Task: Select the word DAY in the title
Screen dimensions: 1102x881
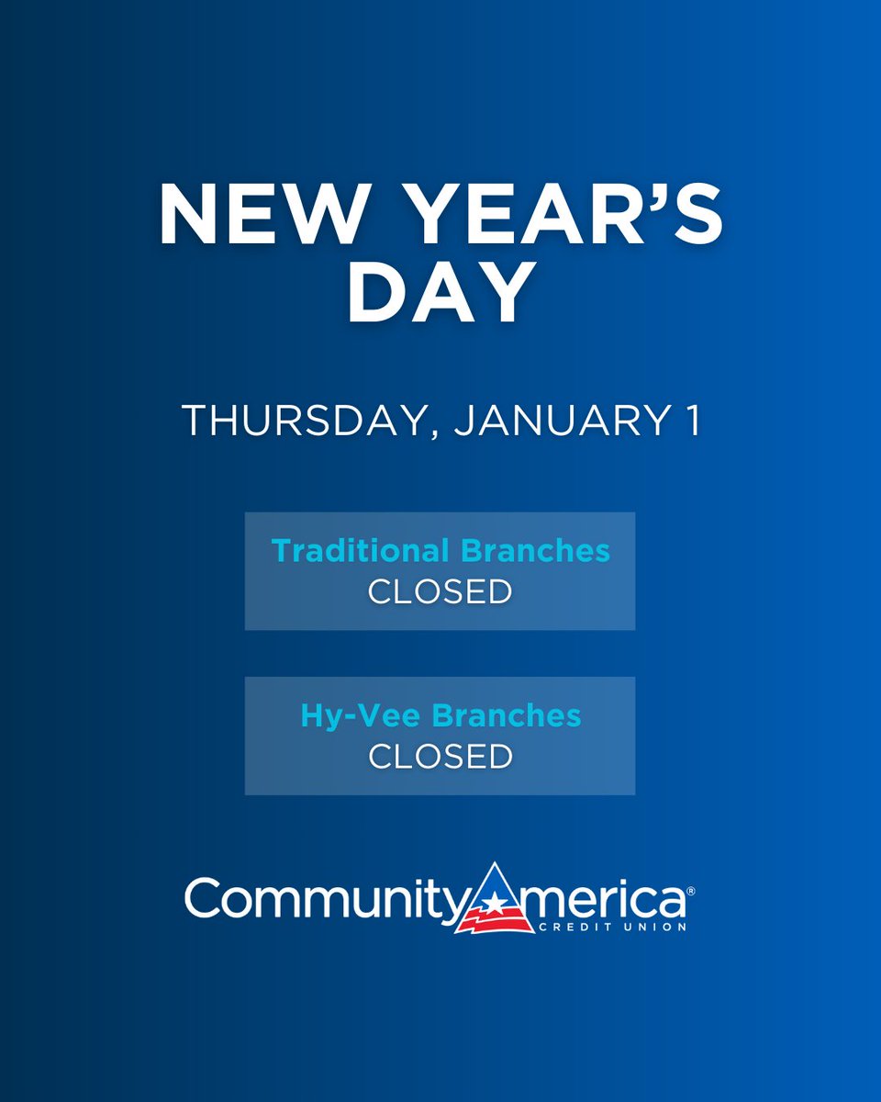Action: tap(440, 294)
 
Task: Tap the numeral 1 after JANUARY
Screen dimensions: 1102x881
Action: tap(693, 421)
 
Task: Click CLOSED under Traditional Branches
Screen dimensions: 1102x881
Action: tap(440, 592)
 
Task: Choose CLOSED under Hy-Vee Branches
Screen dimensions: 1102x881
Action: tap(440, 758)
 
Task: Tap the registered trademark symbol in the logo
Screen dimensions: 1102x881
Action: tap(690, 892)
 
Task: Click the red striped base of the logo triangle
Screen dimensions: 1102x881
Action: tap(495, 918)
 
